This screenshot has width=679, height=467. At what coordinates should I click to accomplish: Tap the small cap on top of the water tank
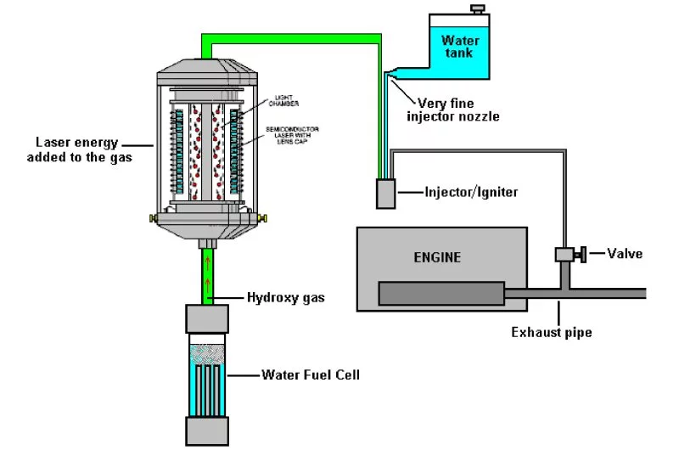click(x=479, y=9)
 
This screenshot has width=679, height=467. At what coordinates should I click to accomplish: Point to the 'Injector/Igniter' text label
click(x=471, y=193)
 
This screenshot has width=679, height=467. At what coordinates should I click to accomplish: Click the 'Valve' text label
click(x=625, y=253)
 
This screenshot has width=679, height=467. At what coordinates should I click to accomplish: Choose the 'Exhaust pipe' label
click(x=551, y=332)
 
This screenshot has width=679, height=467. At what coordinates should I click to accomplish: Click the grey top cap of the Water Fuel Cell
click(x=207, y=320)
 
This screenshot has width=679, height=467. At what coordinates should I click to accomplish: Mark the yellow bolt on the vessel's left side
click(x=154, y=219)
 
